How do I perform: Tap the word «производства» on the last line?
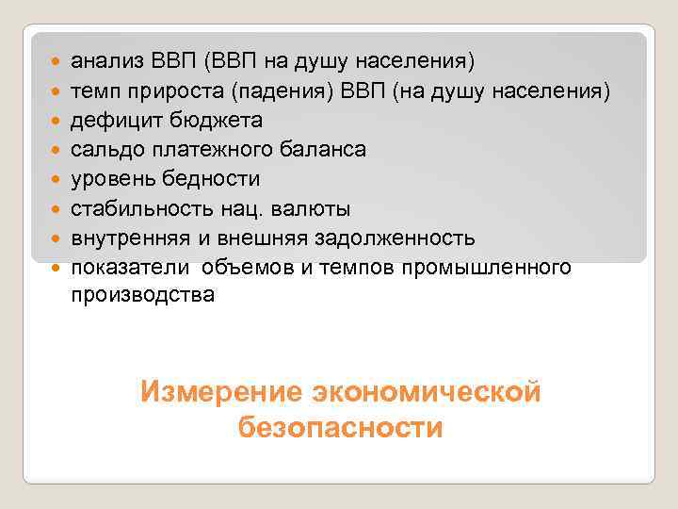(143, 295)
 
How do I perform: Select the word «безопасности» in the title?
(340, 428)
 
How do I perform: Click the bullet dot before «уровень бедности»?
(56, 180)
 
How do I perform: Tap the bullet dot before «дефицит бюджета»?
(56, 122)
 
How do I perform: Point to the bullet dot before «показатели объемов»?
(56, 268)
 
